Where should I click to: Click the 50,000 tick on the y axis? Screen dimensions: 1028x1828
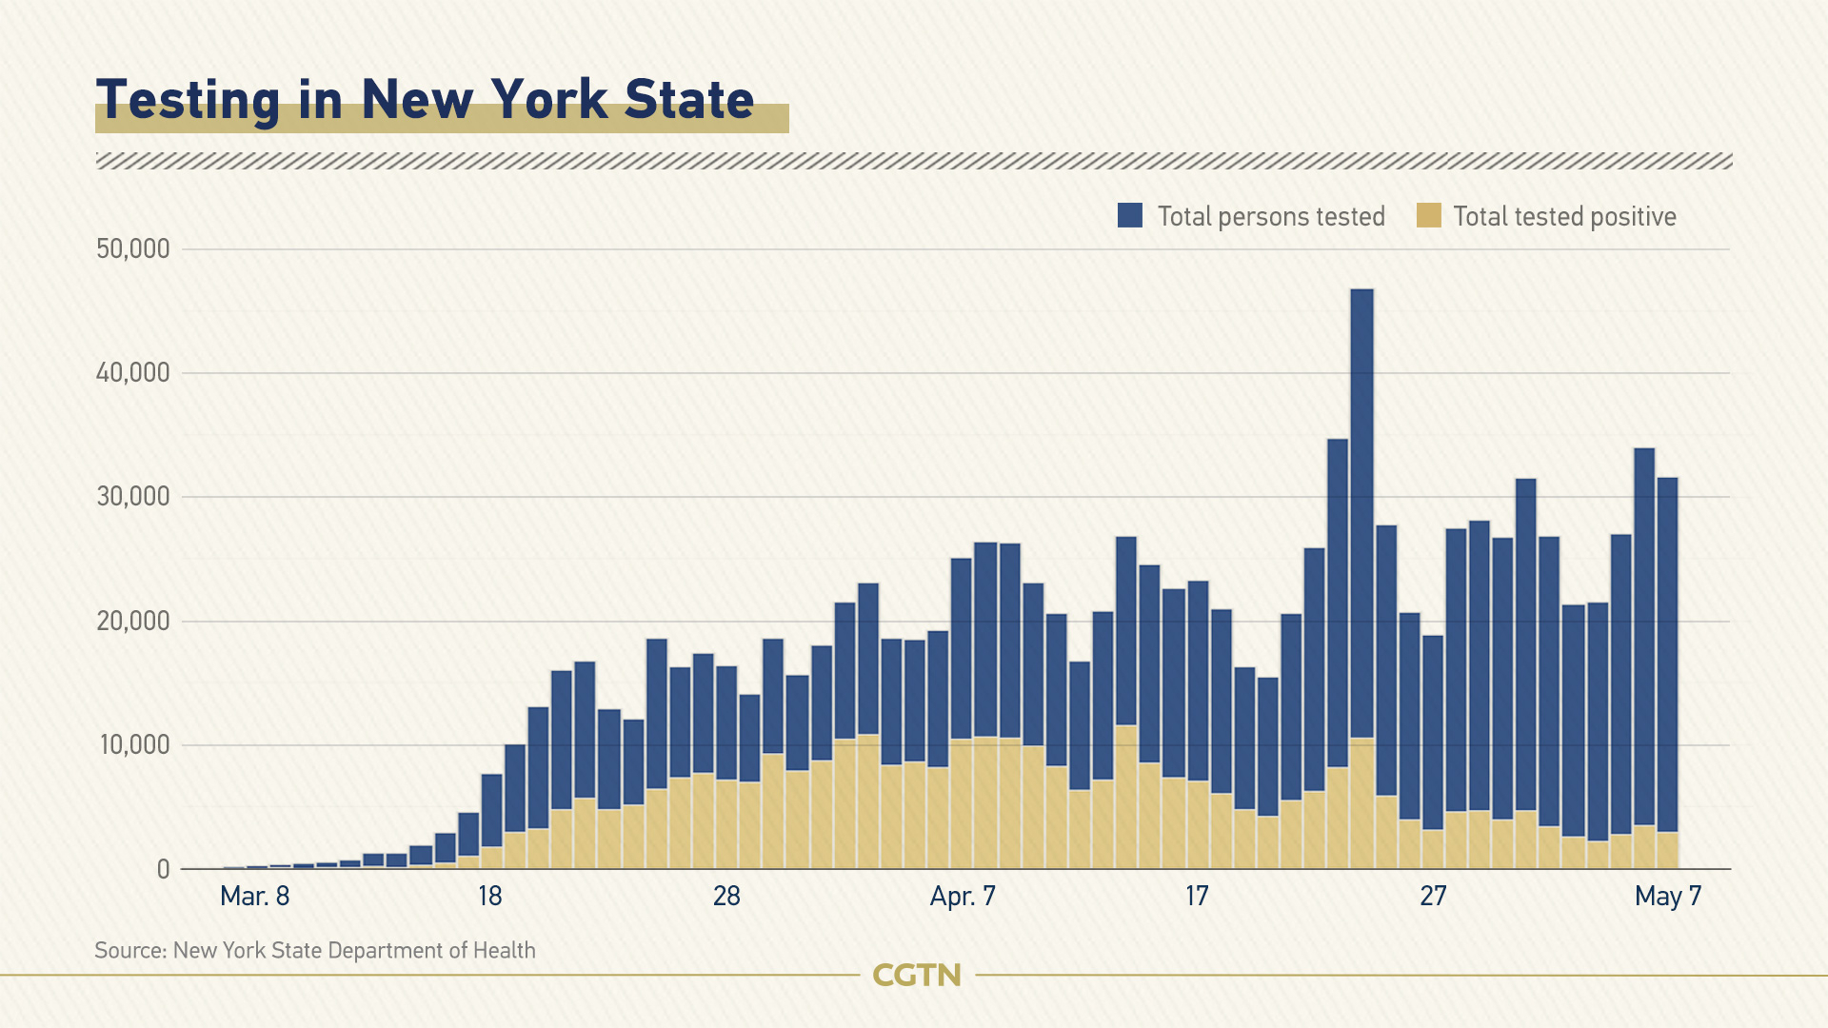point(133,249)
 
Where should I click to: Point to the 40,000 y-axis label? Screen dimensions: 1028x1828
point(133,373)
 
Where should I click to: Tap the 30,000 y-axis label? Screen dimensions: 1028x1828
point(133,497)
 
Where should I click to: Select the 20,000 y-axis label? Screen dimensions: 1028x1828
point(133,622)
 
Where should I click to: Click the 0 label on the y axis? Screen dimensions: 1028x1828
point(164,869)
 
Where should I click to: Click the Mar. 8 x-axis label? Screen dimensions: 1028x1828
point(254,897)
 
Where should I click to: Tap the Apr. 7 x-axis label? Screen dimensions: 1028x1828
point(963,897)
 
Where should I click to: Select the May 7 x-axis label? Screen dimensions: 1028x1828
point(1667,897)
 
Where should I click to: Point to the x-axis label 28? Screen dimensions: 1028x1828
point(726,897)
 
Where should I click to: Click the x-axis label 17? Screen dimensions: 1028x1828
point(1197,897)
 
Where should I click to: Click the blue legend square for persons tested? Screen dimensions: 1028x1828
point(1130,215)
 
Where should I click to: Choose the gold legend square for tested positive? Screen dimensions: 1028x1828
point(1428,215)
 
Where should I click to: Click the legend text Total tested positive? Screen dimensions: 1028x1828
point(1564,217)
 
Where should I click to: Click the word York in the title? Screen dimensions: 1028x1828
point(549,99)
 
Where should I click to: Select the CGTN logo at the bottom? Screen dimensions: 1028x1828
point(917,976)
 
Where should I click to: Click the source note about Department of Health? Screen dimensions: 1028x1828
point(315,951)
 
